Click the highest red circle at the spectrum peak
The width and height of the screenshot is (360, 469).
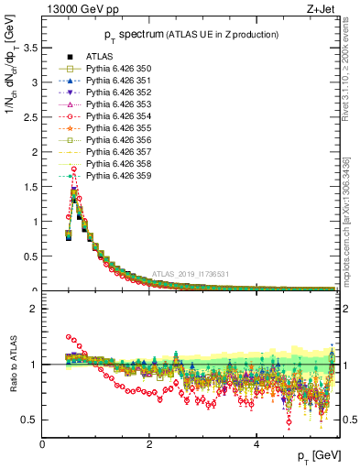(73, 169)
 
